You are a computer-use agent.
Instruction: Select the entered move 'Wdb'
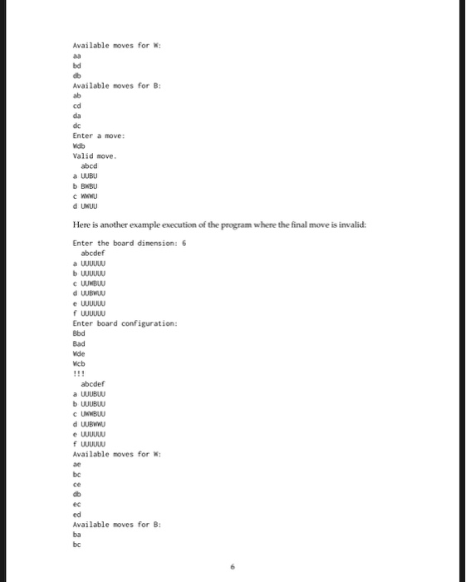pyautogui.click(x=80, y=145)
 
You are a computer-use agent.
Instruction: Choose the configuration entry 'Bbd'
pyautogui.click(x=79, y=332)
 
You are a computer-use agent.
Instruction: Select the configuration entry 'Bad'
pyautogui.click(x=79, y=342)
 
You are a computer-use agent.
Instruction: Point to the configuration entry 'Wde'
pyautogui.click(x=79, y=352)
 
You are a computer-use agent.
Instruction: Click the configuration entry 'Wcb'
pyautogui.click(x=79, y=362)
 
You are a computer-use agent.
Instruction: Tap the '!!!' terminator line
pyautogui.click(x=78, y=372)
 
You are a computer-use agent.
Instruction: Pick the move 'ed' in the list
pyautogui.click(x=77, y=515)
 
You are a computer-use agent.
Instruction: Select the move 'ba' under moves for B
pyautogui.click(x=77, y=535)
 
